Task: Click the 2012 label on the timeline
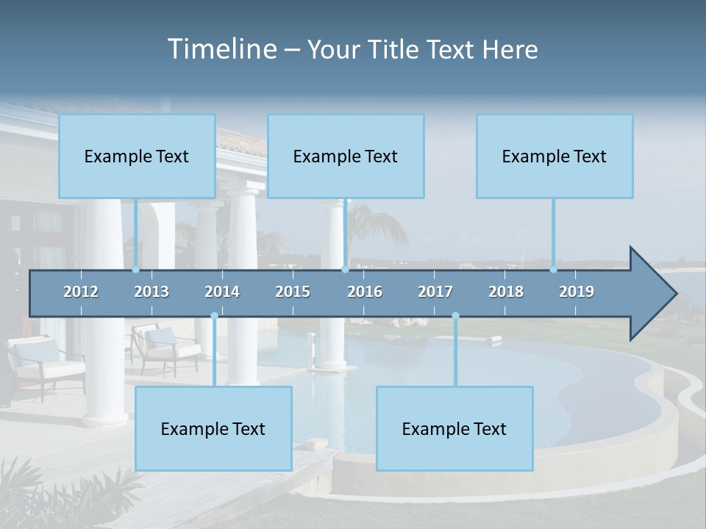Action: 81,292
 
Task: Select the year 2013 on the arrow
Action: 151,292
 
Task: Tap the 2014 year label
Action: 222,292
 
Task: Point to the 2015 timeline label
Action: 293,292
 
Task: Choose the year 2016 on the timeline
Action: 365,292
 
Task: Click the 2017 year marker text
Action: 435,292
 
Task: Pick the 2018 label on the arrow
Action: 506,292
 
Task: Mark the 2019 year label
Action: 577,292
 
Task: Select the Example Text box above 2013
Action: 137,156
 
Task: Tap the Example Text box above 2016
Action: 346,156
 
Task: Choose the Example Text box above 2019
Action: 555,156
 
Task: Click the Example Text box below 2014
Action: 213,428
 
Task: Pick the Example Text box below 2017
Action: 454,428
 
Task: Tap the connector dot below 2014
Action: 214,316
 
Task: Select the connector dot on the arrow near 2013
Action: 136,270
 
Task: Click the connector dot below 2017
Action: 455,316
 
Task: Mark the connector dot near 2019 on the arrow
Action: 554,270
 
